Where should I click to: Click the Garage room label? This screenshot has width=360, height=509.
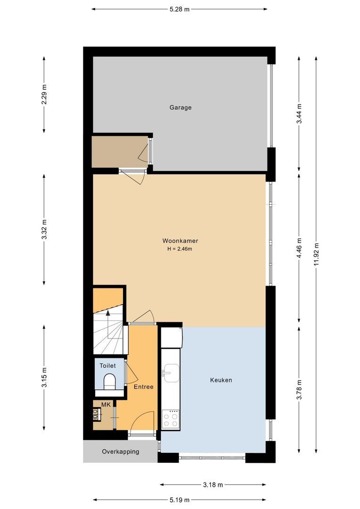click(x=180, y=107)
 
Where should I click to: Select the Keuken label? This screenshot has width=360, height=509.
click(x=221, y=380)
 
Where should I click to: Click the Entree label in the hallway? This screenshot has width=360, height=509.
click(x=143, y=387)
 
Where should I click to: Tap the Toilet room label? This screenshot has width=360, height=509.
click(x=107, y=365)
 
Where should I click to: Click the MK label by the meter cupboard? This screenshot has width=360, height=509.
click(x=106, y=404)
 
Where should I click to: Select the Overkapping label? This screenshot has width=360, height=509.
click(x=121, y=452)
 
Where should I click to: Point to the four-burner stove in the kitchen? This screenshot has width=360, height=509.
click(x=171, y=419)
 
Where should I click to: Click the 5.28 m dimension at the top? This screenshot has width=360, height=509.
click(x=179, y=9)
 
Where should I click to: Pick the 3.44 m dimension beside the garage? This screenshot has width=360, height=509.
click(x=299, y=114)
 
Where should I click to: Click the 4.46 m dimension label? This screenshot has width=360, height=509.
click(x=299, y=247)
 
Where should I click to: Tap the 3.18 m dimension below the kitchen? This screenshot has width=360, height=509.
click(x=213, y=484)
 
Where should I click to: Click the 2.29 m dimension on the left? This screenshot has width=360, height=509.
click(x=44, y=95)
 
